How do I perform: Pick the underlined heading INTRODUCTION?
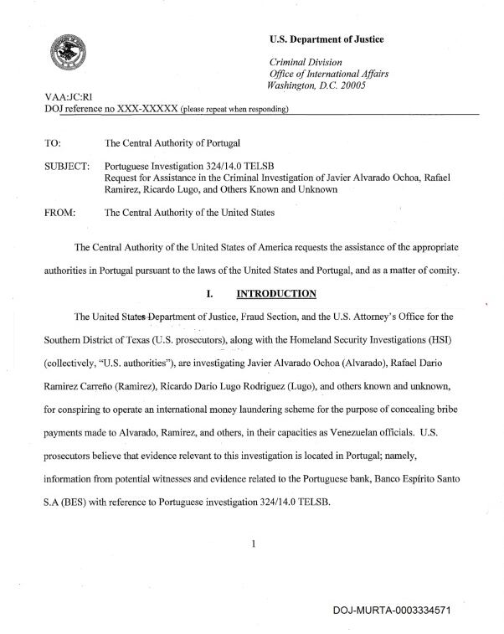pos(276,294)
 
